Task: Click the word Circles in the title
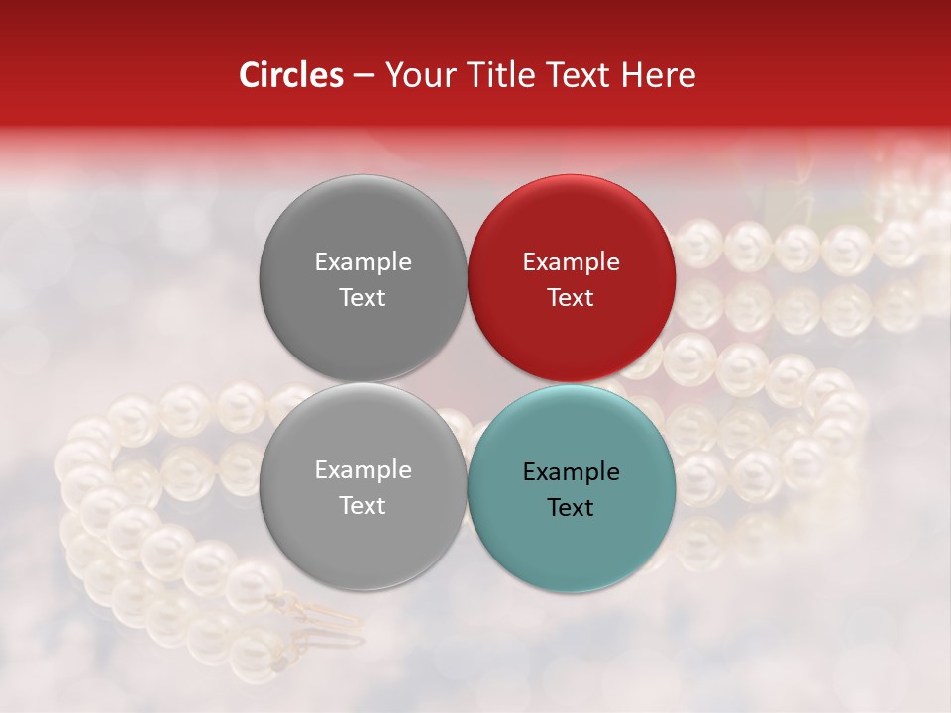coord(290,75)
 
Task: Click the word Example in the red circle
coord(571,262)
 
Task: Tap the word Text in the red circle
coord(571,297)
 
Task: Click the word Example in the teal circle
coord(571,472)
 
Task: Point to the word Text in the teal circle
coord(571,507)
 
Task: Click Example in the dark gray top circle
coord(363,262)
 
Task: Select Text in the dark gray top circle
coord(363,297)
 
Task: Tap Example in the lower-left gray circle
coord(363,470)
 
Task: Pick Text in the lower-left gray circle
coord(363,505)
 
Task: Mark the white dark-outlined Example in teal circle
coord(571,472)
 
